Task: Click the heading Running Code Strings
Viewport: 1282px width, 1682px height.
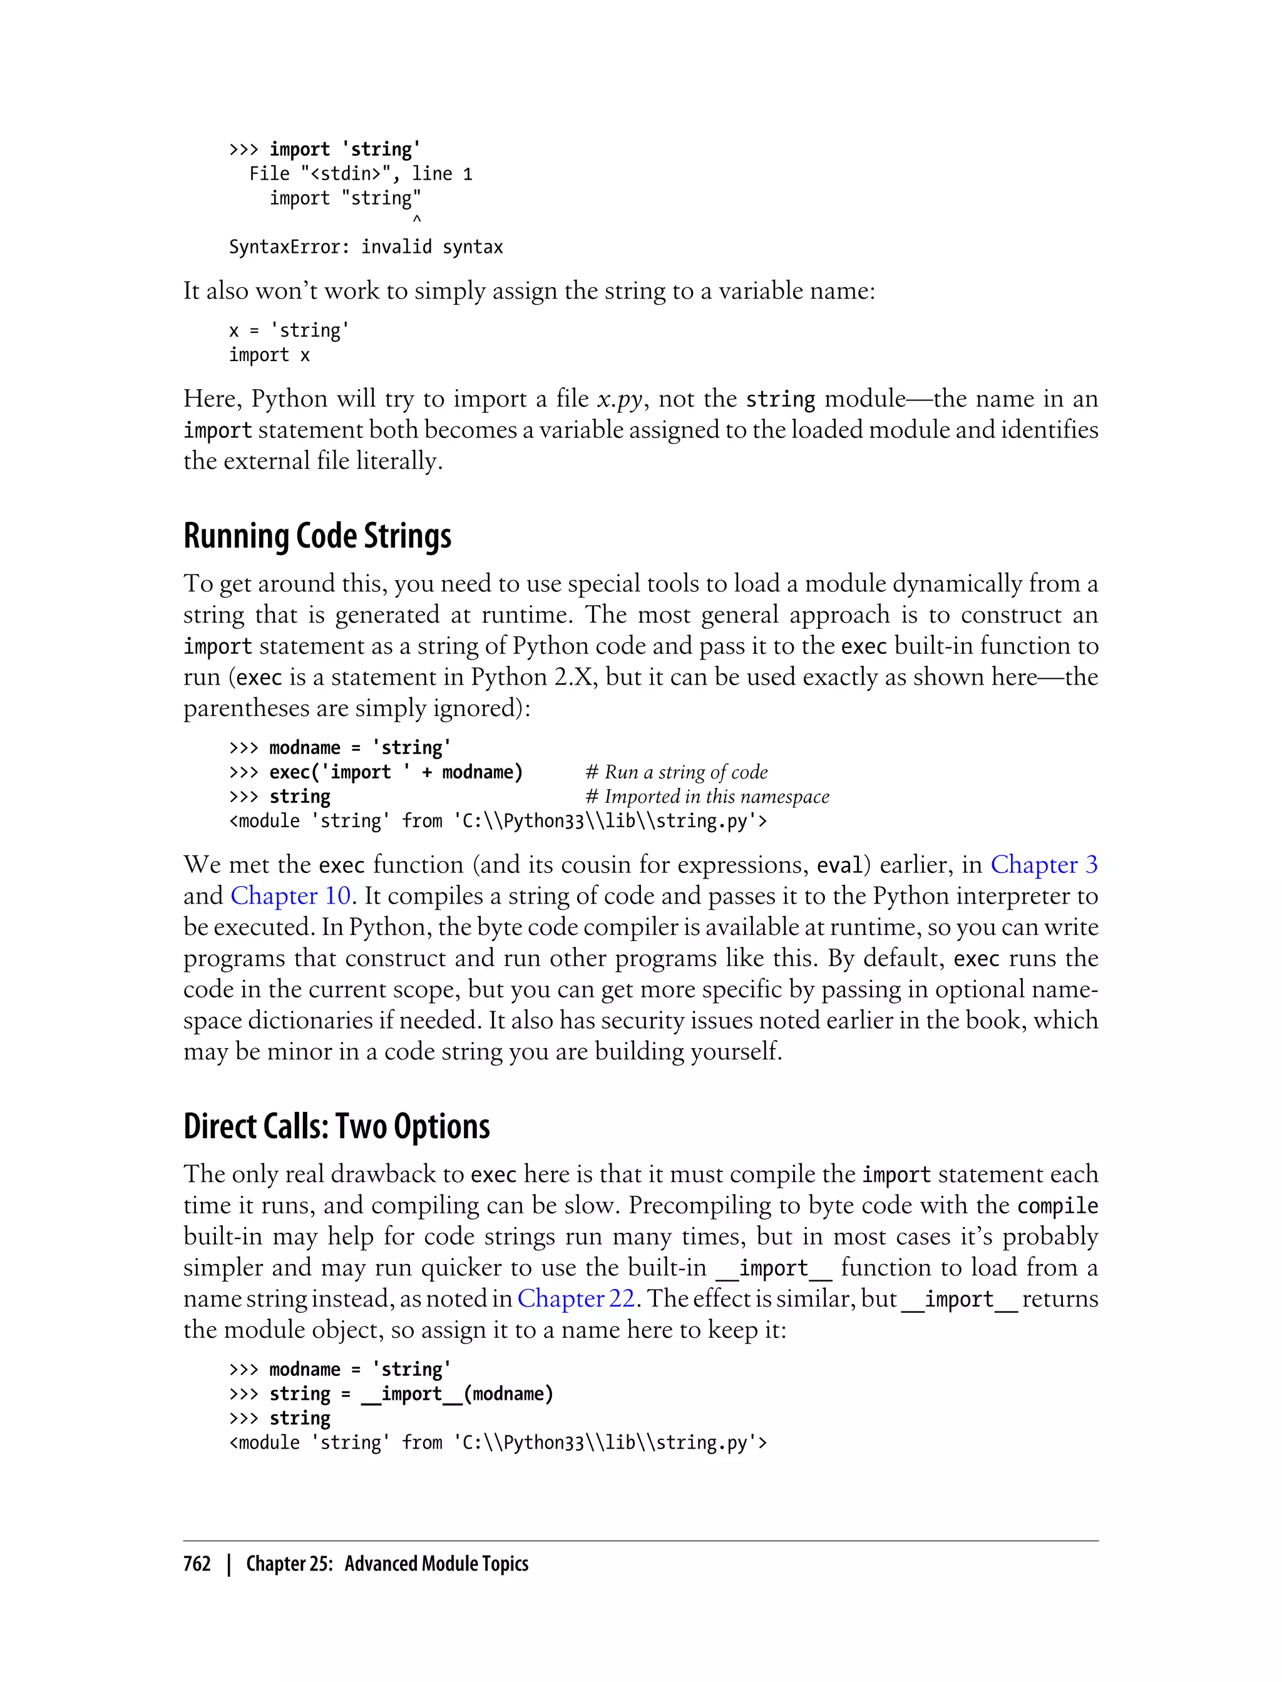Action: (317, 536)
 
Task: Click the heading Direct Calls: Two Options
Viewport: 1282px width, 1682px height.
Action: (337, 1127)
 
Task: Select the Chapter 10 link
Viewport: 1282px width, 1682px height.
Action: (290, 895)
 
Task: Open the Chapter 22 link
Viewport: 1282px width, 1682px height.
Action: (575, 1298)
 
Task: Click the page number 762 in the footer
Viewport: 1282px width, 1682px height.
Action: (197, 1564)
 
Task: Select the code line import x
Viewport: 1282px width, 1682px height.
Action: (269, 355)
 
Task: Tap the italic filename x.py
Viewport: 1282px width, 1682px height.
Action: (620, 399)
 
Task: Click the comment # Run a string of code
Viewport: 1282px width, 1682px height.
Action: (676, 773)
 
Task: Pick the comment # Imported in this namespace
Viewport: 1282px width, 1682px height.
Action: (707, 797)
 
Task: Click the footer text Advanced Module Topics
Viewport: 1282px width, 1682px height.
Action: (436, 1564)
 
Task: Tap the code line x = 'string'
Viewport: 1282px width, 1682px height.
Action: (289, 331)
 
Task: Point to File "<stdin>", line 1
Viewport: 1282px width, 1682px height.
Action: (360, 175)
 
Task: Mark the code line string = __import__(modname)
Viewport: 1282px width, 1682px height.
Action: (411, 1394)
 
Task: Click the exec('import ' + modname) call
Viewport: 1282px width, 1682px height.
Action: (396, 773)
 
